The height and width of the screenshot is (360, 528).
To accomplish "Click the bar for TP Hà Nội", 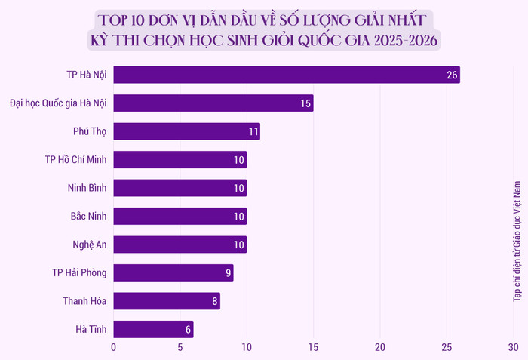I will point(287,75).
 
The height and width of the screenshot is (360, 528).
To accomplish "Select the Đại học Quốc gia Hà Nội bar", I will point(213,103).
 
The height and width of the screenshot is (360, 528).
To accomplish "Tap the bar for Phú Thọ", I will point(186,131).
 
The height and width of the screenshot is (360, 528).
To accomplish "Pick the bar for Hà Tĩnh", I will point(153,329).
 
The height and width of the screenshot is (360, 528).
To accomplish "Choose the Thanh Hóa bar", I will point(167,301).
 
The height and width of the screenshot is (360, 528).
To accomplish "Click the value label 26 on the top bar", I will point(453,75).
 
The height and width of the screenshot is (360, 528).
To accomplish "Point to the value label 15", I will point(305,103).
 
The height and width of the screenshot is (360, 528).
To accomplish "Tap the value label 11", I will point(253,131).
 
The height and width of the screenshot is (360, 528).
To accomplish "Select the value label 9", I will point(228,272).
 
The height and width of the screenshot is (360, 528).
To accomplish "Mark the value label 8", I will point(215,301).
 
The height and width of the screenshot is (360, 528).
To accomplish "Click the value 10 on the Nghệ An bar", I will point(239,245).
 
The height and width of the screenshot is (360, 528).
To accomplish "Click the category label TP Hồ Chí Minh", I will point(75,159).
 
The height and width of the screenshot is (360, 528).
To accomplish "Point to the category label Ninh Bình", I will point(84,188).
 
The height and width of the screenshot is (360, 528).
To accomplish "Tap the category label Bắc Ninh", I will point(88,216).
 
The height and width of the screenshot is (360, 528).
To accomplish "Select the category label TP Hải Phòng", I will point(79,272).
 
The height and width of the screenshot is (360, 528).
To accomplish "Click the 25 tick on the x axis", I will point(447,348).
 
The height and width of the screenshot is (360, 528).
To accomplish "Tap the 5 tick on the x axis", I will point(180,348).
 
